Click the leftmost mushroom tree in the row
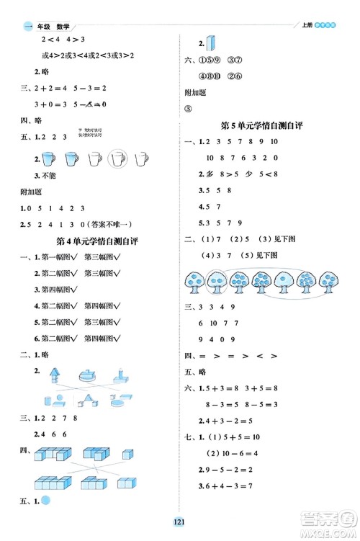[194, 282]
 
